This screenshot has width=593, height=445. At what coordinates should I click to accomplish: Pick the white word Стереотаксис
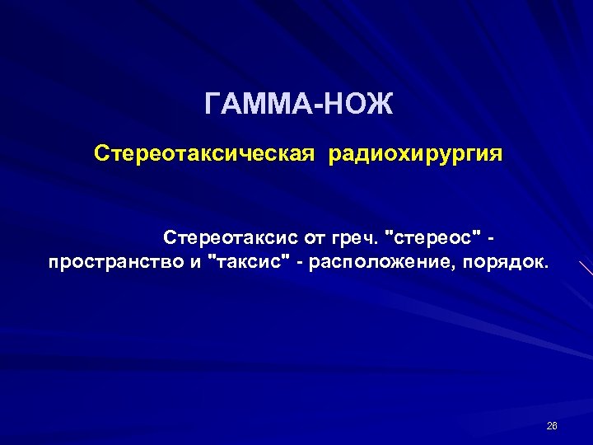coord(231,238)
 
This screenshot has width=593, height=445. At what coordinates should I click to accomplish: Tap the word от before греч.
coord(315,238)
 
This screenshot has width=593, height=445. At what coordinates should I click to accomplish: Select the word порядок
coord(507,264)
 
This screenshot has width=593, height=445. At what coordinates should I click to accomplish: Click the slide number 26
coord(552,425)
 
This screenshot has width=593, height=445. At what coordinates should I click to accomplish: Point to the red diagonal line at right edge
coord(586,268)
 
